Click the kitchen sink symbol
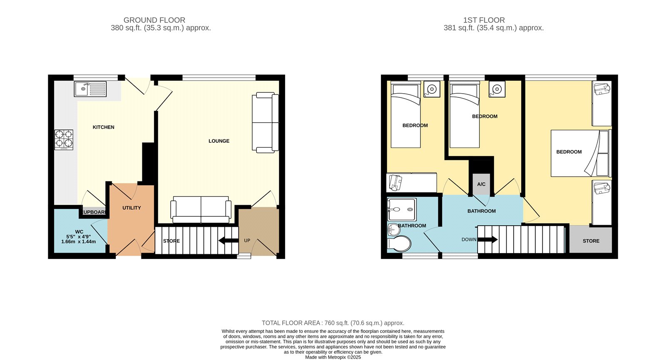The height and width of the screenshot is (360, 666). [x=90, y=89]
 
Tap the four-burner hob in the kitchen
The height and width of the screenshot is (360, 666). [x=64, y=140]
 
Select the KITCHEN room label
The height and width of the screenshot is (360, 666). [x=103, y=127]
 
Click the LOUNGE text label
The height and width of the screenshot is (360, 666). [x=219, y=141]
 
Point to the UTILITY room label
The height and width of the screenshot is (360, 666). [x=132, y=208]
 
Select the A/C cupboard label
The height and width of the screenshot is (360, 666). [x=481, y=184]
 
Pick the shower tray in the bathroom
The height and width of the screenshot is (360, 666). [x=401, y=209]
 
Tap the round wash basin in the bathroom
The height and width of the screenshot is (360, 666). [x=393, y=229]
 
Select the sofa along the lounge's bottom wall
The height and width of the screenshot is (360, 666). [x=201, y=209]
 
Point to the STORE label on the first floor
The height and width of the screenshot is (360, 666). [x=591, y=241]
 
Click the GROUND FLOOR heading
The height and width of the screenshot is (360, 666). [x=154, y=20]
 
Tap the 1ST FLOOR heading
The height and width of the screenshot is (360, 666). [x=484, y=20]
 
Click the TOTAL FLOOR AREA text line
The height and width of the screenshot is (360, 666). [x=333, y=323]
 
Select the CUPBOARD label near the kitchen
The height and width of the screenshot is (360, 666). [x=94, y=212]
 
